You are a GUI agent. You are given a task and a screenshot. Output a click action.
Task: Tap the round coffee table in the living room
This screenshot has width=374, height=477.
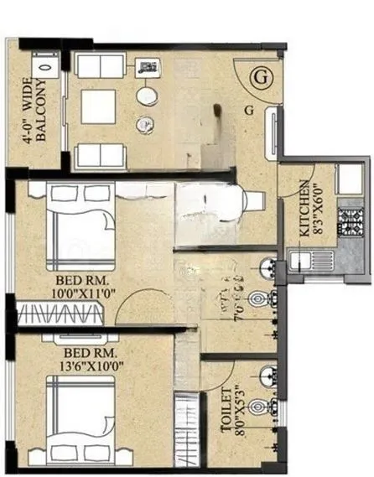(x=147, y=96)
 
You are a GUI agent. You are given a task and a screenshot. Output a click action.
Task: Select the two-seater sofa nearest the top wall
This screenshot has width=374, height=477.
(x=99, y=65)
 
